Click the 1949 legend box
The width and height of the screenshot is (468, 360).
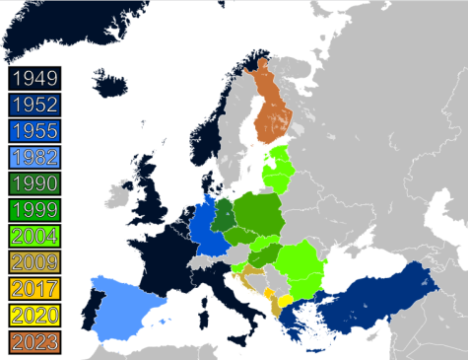click(34, 77)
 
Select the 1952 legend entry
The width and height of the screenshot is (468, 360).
click(34, 104)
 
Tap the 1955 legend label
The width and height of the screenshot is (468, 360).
click(34, 130)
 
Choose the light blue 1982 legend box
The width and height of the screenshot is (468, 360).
click(34, 157)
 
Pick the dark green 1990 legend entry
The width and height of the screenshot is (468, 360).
click(34, 183)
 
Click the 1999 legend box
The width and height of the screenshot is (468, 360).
click(34, 210)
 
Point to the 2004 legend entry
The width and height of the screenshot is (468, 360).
click(34, 237)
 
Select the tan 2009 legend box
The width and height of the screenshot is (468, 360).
click(34, 263)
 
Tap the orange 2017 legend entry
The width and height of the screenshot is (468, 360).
click(34, 290)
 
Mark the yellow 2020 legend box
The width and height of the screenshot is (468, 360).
click(34, 317)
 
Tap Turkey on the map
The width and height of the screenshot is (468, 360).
click(379, 301)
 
